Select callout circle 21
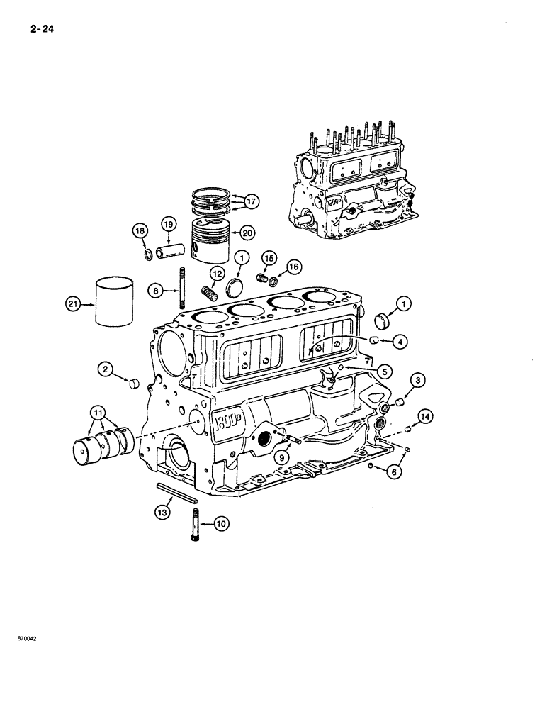(71, 304)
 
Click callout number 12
(216, 274)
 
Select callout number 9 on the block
(282, 457)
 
